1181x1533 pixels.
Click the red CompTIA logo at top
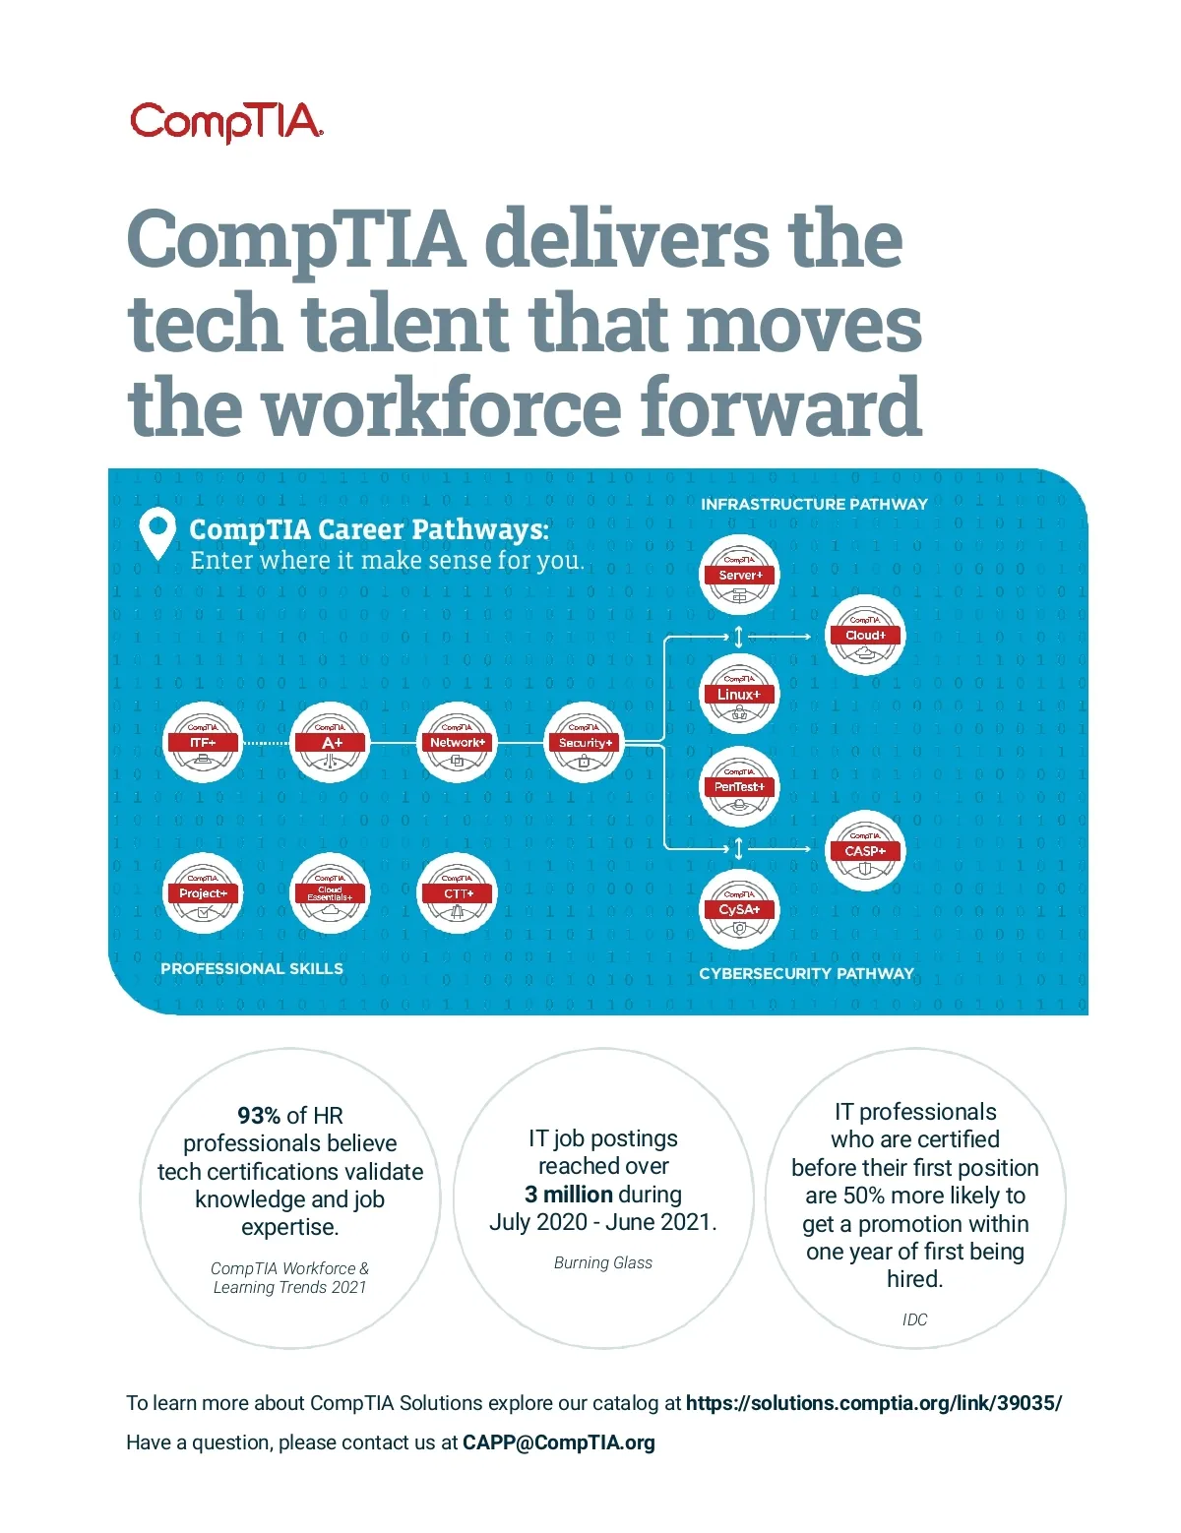(226, 122)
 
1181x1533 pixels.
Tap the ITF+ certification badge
(203, 743)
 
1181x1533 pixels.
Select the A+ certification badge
(331, 743)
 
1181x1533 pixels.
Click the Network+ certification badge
(458, 743)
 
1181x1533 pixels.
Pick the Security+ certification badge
(586, 743)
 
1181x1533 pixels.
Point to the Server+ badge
(740, 576)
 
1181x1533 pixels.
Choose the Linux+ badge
(739, 695)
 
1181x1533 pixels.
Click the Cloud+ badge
(865, 636)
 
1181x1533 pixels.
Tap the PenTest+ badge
(740, 787)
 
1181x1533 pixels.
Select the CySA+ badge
(740, 910)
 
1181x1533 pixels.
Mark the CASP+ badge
(865, 851)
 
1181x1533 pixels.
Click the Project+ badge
(203, 893)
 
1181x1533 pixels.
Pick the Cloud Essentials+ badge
(331, 893)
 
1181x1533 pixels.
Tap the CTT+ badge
(458, 893)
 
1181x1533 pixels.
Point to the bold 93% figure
(259, 1116)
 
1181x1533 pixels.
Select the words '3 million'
(569, 1195)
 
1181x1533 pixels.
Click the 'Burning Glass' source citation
(603, 1263)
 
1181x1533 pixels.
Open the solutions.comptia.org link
(874, 1403)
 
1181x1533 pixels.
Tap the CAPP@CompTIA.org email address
(558, 1442)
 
